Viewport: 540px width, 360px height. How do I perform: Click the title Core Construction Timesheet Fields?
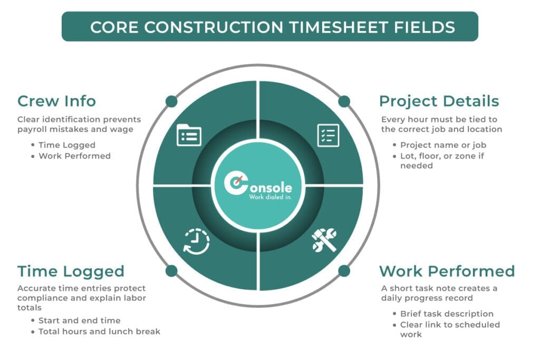[269, 27]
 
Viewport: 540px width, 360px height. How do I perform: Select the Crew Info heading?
[56, 101]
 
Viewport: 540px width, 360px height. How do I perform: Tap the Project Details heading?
[439, 101]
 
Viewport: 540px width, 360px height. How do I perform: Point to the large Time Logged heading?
[71, 271]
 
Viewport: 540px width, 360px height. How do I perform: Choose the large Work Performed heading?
[447, 271]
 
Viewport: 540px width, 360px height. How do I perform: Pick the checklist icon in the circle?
[328, 135]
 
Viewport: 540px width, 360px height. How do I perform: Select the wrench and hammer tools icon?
[323, 240]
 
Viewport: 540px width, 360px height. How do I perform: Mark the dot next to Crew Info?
[171, 101]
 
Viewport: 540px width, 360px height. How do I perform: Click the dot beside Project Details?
[344, 101]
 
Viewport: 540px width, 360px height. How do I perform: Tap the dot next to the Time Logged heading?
[171, 271]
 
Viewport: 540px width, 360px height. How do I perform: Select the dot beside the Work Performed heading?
[344, 271]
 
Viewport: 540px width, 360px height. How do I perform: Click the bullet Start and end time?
[79, 320]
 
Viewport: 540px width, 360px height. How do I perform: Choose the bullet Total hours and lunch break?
[99, 332]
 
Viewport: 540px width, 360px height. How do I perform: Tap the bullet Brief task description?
[447, 314]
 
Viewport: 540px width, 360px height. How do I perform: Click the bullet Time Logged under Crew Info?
[66, 145]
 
